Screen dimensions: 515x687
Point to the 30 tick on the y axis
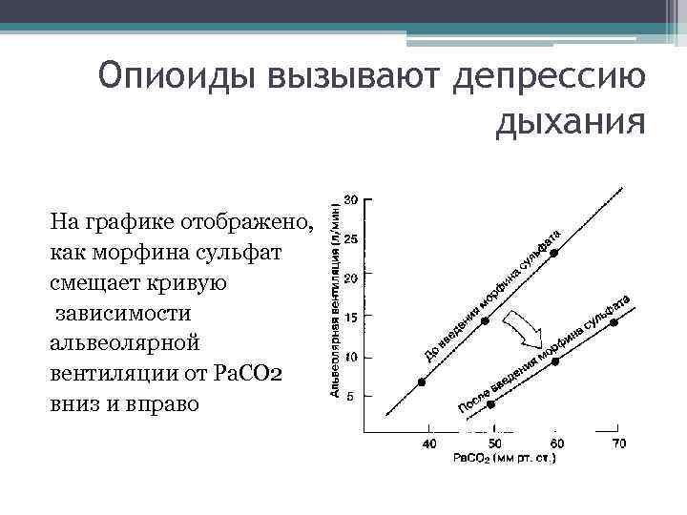click(350, 199)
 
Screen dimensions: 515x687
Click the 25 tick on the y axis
click(350, 239)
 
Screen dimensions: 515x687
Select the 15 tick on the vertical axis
click(350, 317)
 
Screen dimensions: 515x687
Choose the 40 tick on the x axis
click(430, 443)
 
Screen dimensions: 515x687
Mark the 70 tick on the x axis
click(618, 443)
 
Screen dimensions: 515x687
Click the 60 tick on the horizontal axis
click(556, 443)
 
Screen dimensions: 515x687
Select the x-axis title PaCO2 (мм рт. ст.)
click(505, 459)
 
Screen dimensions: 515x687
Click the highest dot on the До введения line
click(553, 253)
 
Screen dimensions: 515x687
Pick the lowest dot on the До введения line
click(423, 382)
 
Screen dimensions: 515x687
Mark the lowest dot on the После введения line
click(491, 403)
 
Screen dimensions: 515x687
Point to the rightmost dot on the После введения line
click(614, 322)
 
